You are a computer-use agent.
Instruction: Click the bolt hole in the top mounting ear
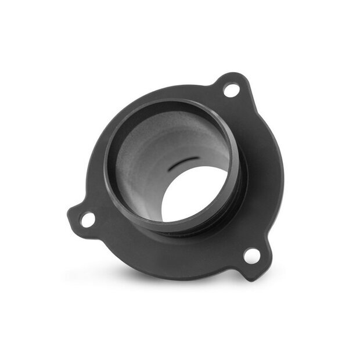pos(231,90)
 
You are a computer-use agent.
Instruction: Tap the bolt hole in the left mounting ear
pos(87,219)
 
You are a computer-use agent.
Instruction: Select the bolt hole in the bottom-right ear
pos(251,255)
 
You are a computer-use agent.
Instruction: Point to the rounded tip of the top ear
pos(238,75)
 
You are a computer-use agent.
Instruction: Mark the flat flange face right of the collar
pos(261,174)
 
